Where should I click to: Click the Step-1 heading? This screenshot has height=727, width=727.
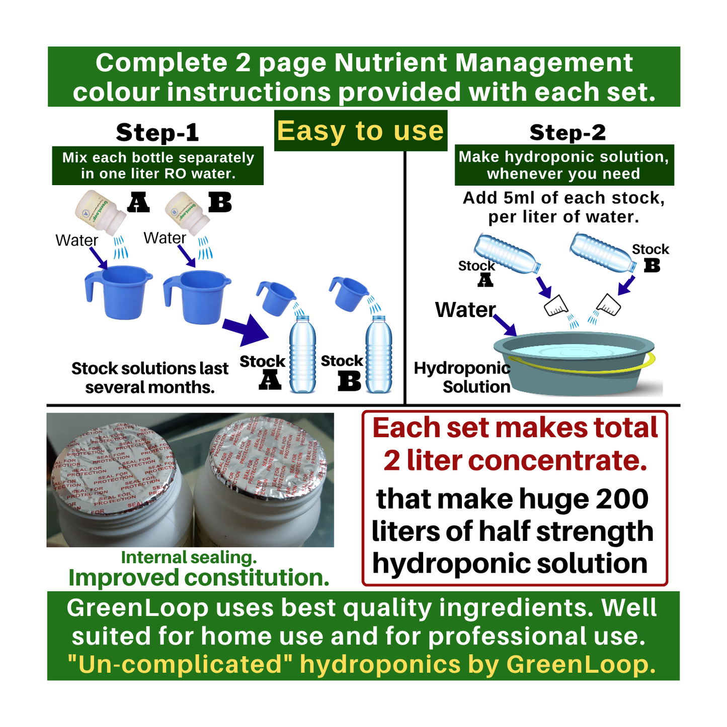(x=157, y=132)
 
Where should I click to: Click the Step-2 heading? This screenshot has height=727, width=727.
(x=568, y=132)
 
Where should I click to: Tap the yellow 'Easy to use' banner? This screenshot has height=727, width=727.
(x=360, y=131)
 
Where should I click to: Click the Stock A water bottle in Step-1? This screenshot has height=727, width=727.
(x=302, y=355)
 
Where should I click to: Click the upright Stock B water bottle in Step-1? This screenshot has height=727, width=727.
(x=378, y=355)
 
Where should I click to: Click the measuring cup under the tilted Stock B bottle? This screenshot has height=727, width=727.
(x=609, y=304)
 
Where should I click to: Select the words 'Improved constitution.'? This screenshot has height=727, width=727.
(x=199, y=578)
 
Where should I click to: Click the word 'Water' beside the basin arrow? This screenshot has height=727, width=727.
(x=465, y=310)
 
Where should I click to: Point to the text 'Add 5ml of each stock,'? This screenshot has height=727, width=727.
(x=563, y=198)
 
